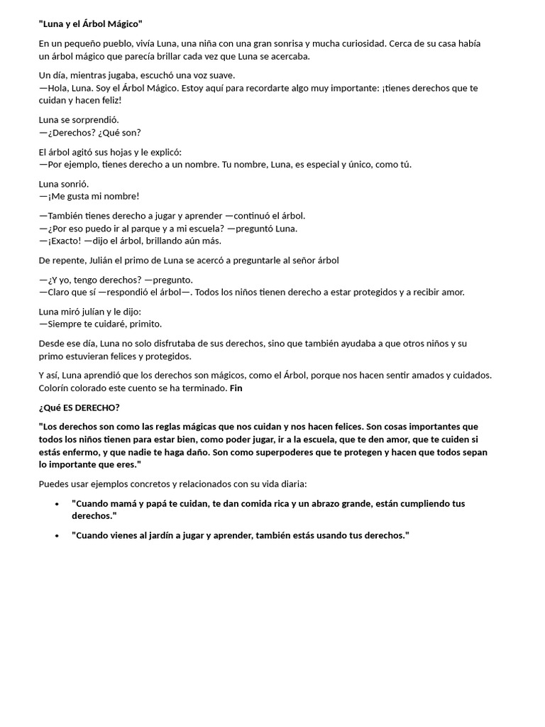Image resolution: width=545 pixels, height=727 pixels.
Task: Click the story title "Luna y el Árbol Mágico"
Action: coord(91,24)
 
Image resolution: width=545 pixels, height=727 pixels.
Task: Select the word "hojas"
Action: coord(130,152)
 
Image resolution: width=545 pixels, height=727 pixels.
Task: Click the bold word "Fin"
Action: coord(236,388)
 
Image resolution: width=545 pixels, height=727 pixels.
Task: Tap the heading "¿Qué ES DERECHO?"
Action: coord(79,408)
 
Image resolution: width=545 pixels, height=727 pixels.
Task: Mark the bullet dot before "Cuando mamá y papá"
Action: coord(57,503)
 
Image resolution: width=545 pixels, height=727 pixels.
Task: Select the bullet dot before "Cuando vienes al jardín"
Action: coord(57,535)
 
